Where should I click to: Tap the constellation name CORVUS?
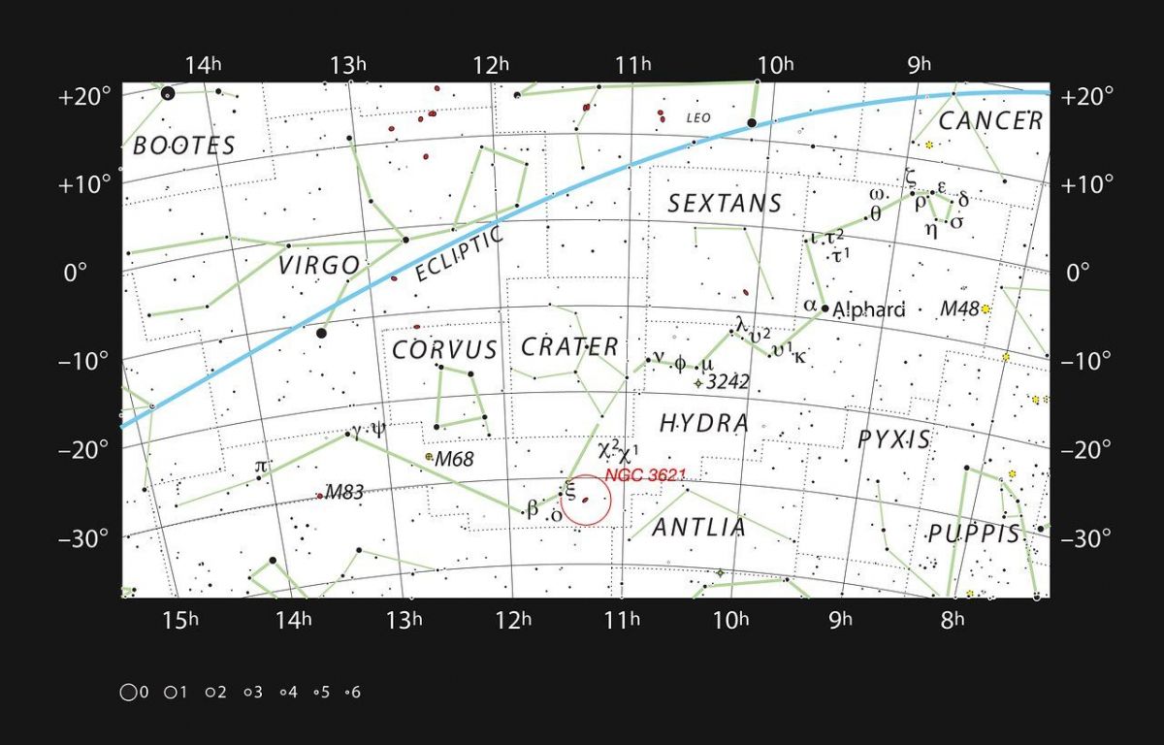point(444,350)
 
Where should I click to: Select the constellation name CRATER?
point(569,346)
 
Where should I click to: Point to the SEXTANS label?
point(725,204)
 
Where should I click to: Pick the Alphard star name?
point(869,309)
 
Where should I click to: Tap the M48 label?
point(959,309)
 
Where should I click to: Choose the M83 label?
point(343,492)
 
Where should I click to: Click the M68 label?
point(454,459)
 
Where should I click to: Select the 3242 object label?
point(727,382)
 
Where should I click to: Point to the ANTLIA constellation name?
point(698,528)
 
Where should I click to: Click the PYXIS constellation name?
point(893,439)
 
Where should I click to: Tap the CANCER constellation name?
point(990,121)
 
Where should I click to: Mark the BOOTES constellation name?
point(184,146)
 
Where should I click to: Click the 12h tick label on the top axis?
point(491,65)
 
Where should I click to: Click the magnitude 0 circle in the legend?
point(127,693)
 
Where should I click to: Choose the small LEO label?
point(698,118)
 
